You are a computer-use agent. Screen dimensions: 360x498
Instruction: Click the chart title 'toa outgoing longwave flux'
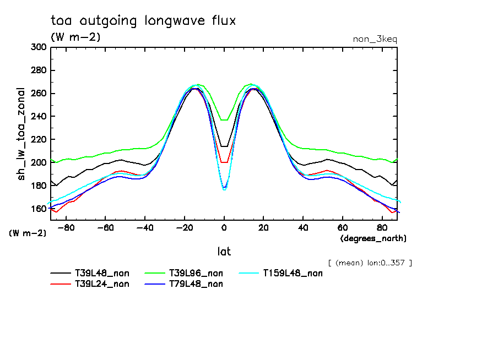(x=143, y=21)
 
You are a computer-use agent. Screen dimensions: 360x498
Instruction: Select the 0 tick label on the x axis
(x=224, y=227)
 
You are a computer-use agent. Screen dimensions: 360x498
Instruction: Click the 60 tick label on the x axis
(x=343, y=227)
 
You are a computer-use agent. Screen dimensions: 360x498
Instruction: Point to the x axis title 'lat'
(x=224, y=252)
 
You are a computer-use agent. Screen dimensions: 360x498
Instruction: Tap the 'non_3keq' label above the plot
(x=375, y=39)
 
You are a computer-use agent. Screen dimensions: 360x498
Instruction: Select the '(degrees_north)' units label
(x=373, y=238)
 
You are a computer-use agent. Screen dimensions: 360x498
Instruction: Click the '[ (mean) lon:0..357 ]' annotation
(x=370, y=263)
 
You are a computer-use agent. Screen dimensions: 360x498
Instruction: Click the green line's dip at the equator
(x=224, y=120)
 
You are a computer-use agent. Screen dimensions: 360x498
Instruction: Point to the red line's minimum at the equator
(x=224, y=162)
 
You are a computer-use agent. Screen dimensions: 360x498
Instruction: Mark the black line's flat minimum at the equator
(x=224, y=146)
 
